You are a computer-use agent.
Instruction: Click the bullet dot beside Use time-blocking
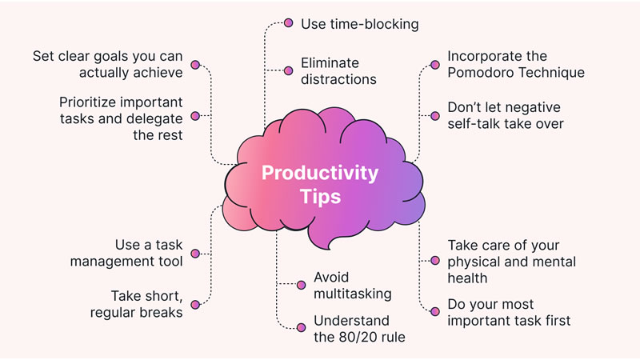tap(289, 23)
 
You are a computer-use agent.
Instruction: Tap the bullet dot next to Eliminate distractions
tap(289, 70)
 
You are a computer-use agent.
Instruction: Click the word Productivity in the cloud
tap(321, 173)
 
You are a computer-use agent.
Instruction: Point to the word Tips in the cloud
tap(321, 197)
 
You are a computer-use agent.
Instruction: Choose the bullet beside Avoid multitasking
tap(302, 285)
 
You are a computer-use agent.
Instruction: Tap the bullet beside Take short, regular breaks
tap(195, 304)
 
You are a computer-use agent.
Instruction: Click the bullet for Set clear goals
tap(195, 64)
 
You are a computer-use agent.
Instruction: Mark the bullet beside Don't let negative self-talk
tap(435, 115)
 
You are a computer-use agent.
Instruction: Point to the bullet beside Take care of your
tap(435, 261)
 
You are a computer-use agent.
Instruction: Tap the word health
tap(467, 278)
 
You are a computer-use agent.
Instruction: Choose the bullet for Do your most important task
tap(435, 313)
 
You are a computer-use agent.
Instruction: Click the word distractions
tap(338, 79)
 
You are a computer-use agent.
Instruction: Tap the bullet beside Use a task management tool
tap(195, 253)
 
